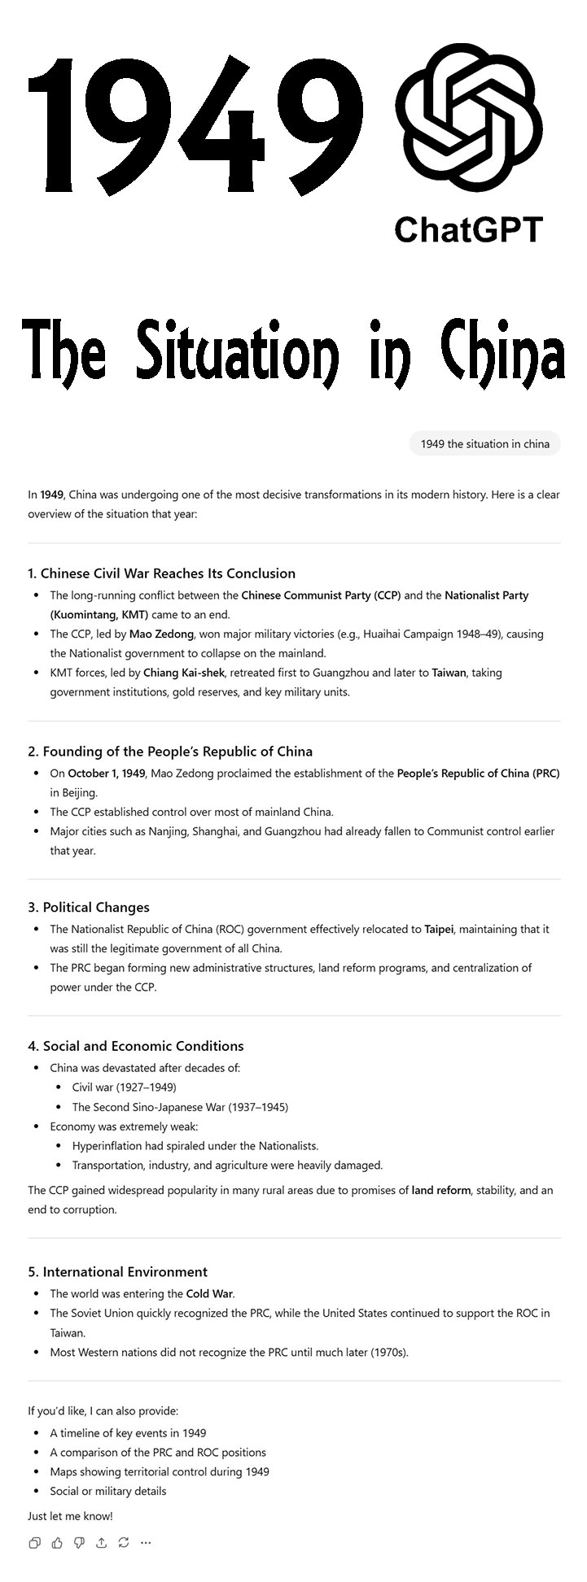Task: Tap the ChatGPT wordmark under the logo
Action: [468, 229]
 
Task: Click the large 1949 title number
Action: [195, 122]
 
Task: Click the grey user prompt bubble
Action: [484, 443]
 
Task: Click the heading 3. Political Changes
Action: [89, 907]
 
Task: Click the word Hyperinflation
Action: [110, 1145]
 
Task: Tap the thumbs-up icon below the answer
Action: [57, 1542]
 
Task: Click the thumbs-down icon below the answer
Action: [79, 1542]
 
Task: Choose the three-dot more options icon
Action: [146, 1542]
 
